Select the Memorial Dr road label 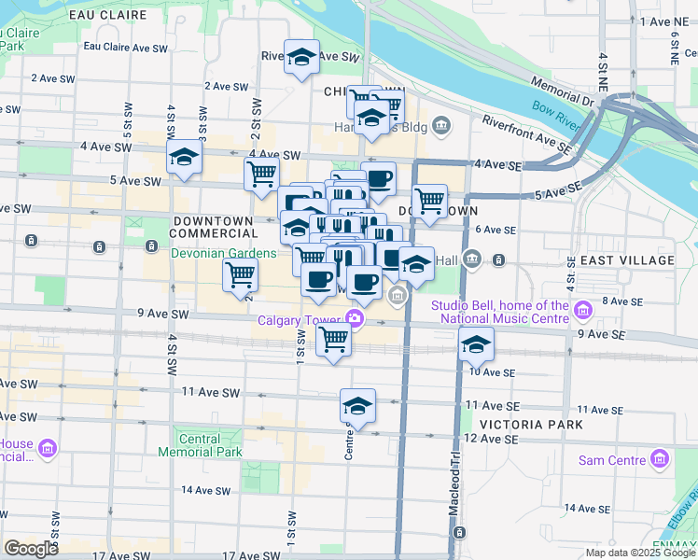pos(562,91)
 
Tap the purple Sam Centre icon pos(660,459)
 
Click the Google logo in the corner pos(31,548)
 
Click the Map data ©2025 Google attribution pos(639,553)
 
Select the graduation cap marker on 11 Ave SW pos(357,406)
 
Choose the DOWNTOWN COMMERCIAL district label pos(214,227)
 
